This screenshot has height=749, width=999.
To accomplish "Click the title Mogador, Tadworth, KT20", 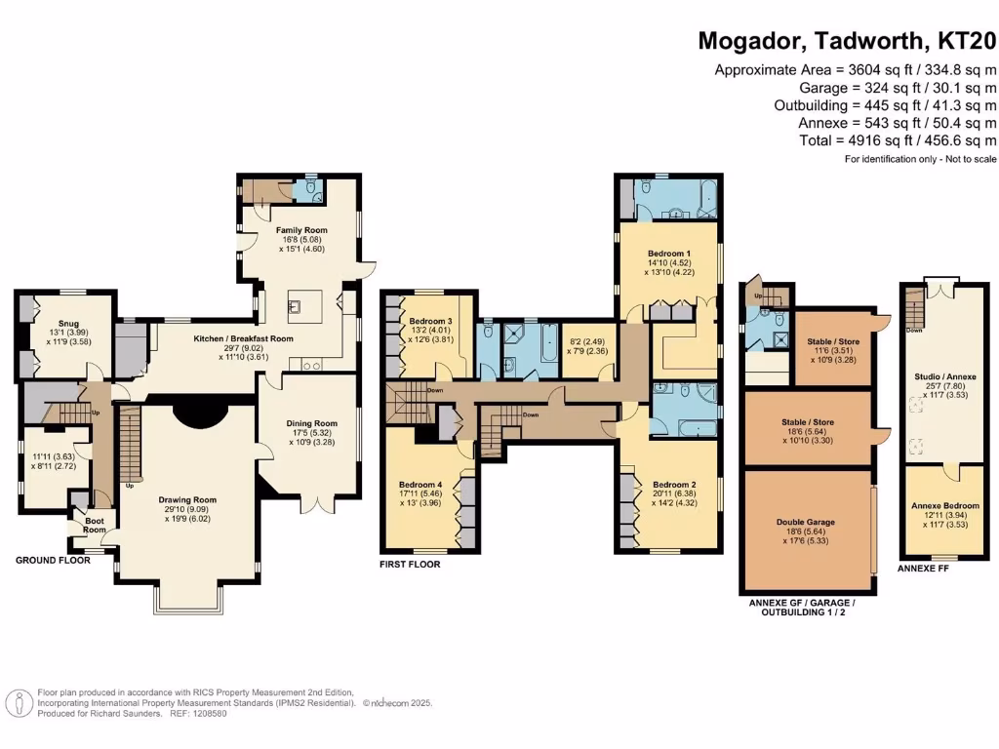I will [848, 41].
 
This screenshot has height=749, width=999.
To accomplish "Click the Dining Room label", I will [312, 423].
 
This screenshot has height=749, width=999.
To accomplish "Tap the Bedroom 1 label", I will [669, 254].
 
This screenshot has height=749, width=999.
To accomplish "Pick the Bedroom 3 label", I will [430, 322].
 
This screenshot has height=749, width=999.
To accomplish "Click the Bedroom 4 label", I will [420, 485].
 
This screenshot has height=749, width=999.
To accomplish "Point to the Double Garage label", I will [806, 522].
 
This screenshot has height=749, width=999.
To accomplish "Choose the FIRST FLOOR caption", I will [410, 565].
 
